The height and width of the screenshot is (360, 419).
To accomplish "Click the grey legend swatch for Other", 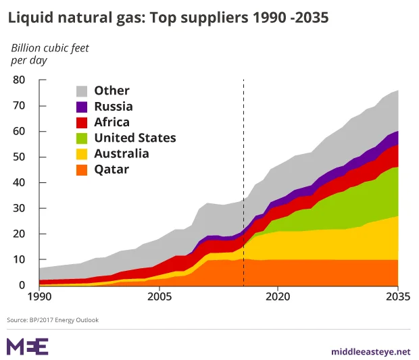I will (x=82, y=91).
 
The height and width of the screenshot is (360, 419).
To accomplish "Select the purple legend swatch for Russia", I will (x=82, y=107).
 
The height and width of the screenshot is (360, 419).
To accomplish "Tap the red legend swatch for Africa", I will (x=82, y=122).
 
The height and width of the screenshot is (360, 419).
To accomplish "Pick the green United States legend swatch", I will (x=82, y=138).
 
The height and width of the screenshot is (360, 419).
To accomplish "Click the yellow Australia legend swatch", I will (x=82, y=154).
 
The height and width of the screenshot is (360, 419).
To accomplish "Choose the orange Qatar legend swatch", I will (x=82, y=170).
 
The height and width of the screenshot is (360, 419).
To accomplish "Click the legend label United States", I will (x=134, y=138).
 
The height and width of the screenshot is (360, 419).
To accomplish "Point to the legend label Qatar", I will (x=112, y=170).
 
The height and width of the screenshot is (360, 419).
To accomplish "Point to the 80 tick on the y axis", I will (x=18, y=80).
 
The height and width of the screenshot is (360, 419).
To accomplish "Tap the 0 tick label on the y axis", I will (x=22, y=286).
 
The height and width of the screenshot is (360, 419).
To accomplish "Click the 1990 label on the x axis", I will (x=39, y=296).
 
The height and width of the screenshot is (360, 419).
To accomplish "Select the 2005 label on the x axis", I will (x=159, y=296).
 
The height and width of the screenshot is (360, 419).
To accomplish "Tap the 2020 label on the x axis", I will (x=278, y=296).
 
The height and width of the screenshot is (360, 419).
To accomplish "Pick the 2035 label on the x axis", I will (x=398, y=296).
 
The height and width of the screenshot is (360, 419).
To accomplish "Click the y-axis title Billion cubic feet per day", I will (x=49, y=54).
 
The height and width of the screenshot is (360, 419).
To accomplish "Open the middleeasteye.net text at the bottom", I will (x=371, y=351).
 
